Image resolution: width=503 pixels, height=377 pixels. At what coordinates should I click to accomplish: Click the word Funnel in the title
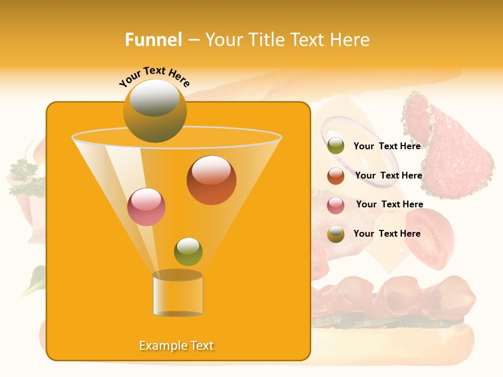coord(154,40)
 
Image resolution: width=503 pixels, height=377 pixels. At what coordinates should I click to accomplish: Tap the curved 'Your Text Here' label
coord(154,76)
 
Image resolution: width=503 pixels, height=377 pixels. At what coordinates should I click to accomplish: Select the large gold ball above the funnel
coord(155,111)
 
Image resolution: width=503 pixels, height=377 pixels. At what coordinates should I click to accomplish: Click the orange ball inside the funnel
coord(211,180)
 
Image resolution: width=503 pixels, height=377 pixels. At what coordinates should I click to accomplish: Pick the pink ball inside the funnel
coord(146,207)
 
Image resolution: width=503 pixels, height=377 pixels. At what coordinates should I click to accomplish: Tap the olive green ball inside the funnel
coord(188,252)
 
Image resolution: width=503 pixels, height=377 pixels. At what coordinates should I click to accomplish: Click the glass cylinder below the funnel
coord(178,294)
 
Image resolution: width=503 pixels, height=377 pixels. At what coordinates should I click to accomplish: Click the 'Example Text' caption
coord(177,346)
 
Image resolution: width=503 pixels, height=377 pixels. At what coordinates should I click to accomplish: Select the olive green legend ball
coord(336,146)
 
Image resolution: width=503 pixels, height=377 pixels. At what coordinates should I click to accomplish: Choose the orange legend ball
coord(336,176)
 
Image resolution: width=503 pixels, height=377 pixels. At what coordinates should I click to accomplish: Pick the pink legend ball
coord(336,205)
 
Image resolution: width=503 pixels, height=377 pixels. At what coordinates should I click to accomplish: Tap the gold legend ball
coord(336,234)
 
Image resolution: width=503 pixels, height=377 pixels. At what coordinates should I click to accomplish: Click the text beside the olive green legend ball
coord(387,146)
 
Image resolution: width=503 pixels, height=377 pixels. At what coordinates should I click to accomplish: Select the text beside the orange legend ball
coord(388,175)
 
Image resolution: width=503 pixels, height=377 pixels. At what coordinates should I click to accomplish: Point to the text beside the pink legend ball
coord(389,204)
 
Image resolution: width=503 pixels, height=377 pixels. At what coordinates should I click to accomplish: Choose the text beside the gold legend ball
coord(387,234)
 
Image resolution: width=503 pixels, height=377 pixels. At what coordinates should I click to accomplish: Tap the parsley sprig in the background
coord(24,173)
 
